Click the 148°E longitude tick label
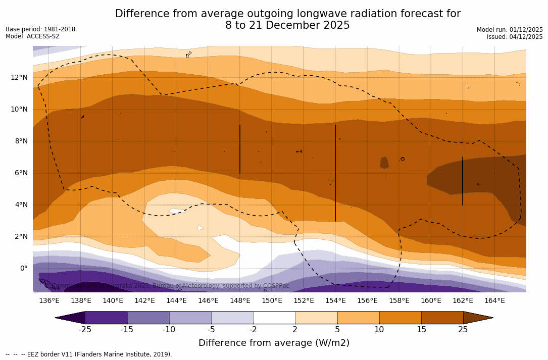coord(240,301)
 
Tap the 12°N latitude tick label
coord(19,78)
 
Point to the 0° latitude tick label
coord(23,269)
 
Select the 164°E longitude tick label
coord(494,301)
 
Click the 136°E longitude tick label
coord(49,301)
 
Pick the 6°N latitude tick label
coord(19,173)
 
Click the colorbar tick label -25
coord(85,330)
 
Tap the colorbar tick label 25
coord(463,330)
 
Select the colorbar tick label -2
coord(253,330)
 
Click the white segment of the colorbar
coord(274,318)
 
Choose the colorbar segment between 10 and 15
coord(400,318)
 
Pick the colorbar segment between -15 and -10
coord(148,318)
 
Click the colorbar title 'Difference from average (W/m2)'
coord(274,343)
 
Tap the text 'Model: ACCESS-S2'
coord(32,36)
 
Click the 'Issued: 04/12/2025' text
coord(515,37)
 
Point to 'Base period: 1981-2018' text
coord(40,29)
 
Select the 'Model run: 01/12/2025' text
coord(510,30)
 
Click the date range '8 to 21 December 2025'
coord(287,25)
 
